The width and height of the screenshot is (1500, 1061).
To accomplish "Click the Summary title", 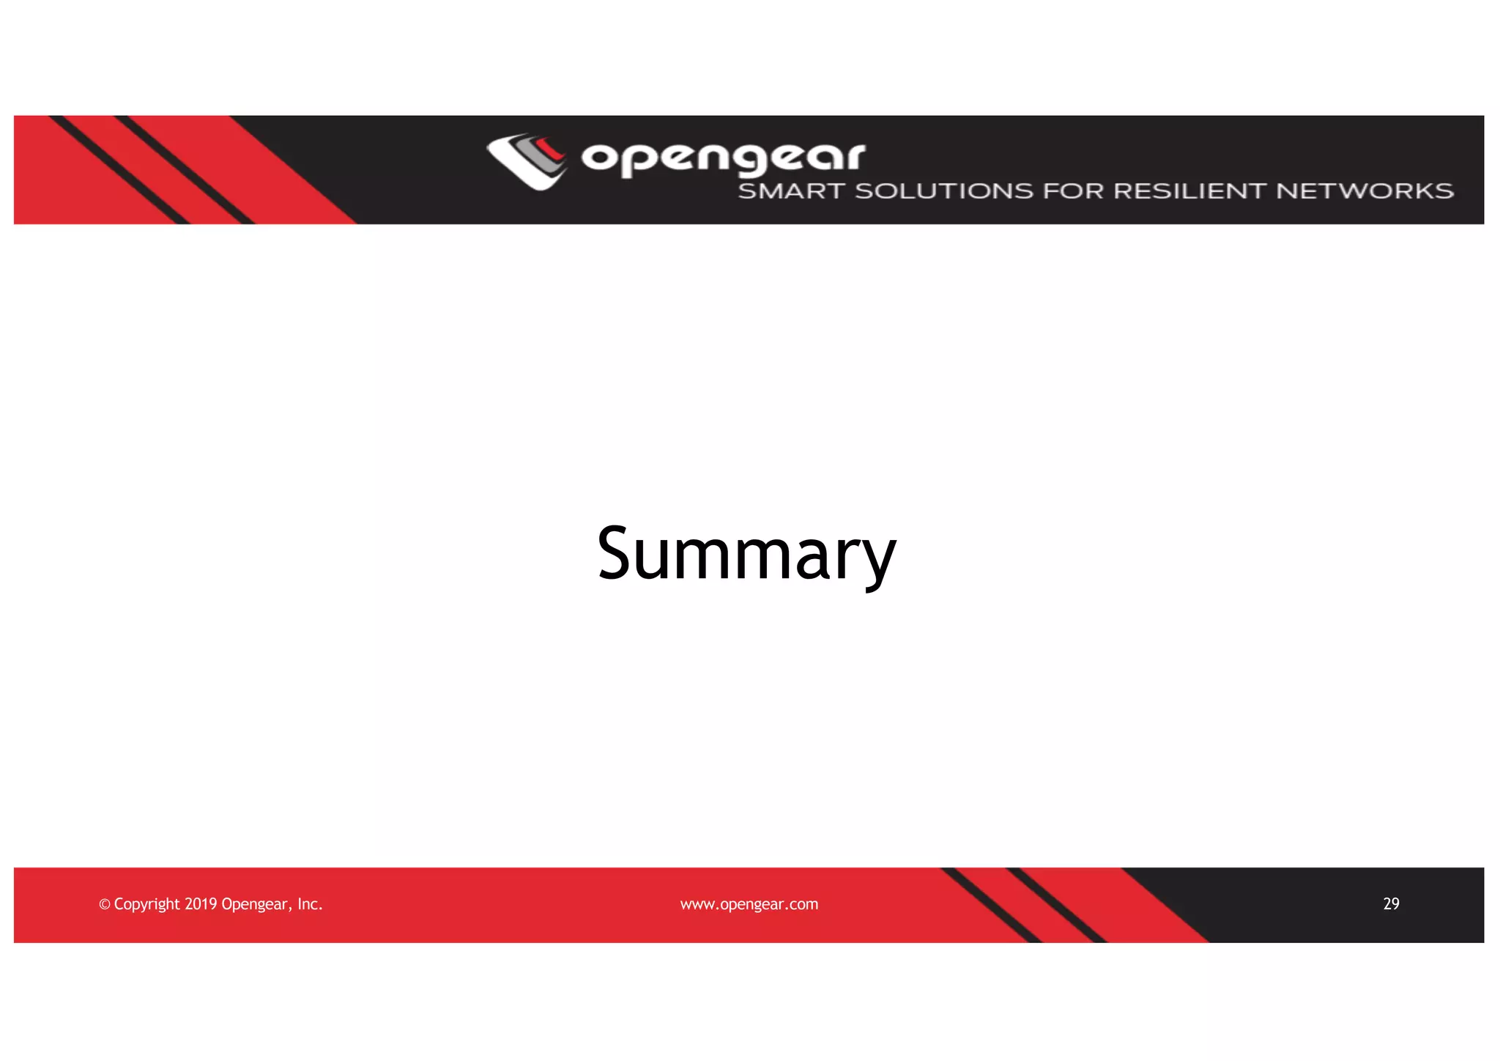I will [746, 554].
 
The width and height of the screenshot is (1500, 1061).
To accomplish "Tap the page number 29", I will [1391, 903].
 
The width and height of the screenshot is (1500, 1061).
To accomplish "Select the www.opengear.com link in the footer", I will [749, 904].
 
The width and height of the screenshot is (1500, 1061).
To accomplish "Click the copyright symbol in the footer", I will [104, 905].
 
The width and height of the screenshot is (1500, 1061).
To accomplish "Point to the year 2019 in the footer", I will [201, 904].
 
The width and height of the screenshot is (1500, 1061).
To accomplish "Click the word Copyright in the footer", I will [146, 905].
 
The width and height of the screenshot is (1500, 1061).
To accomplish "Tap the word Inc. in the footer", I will [310, 904].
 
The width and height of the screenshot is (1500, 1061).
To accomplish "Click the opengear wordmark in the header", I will [723, 158].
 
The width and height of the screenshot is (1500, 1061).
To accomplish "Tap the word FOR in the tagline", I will [1073, 191].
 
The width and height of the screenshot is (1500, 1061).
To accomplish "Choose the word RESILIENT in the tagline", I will [1189, 191].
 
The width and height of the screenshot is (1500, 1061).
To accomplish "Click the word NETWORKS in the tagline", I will [1365, 191].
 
